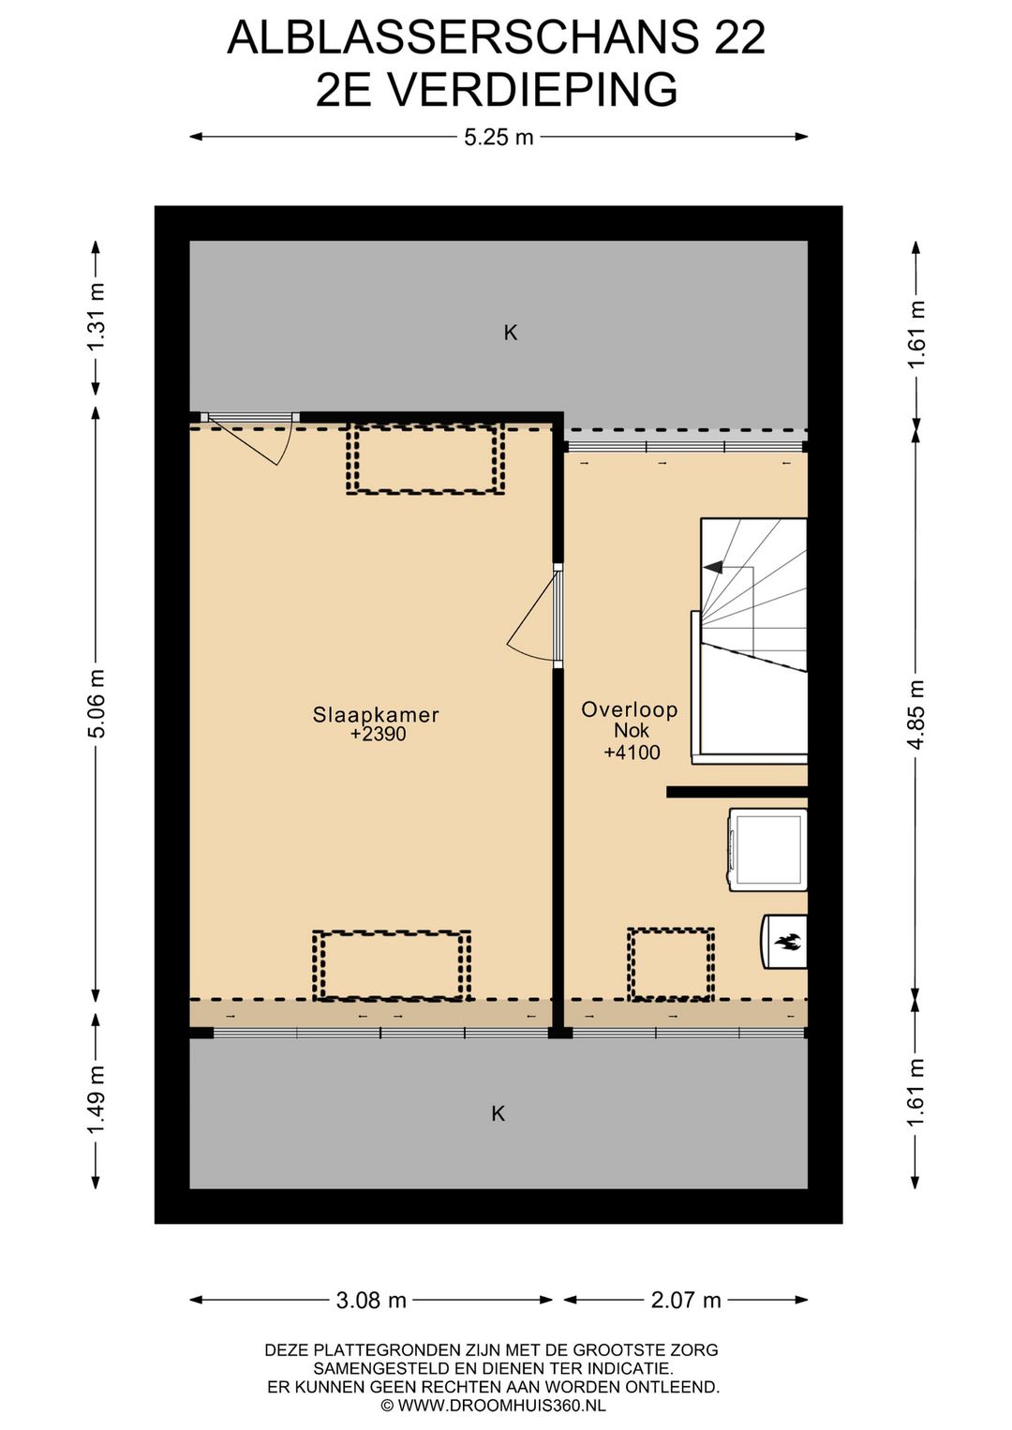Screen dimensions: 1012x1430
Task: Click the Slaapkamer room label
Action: click(376, 714)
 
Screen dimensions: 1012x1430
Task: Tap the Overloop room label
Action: click(629, 710)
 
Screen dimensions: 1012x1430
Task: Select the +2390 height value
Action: click(378, 734)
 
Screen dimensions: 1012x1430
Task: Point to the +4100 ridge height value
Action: click(632, 752)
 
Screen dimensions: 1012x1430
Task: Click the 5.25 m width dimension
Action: click(498, 137)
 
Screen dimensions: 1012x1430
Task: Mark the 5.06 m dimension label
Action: click(97, 703)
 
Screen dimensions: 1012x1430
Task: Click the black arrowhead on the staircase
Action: click(713, 566)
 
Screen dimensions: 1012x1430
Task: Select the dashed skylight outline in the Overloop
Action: click(670, 964)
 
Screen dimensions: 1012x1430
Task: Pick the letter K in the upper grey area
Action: click(510, 333)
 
